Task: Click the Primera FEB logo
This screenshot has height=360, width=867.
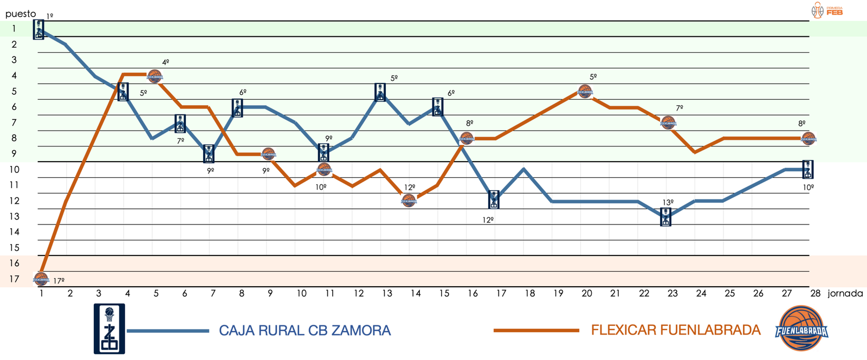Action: click(x=827, y=10)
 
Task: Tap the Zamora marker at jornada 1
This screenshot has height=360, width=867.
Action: click(x=38, y=29)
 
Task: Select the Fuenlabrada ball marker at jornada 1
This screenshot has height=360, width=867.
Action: click(x=41, y=279)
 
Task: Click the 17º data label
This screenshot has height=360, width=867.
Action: click(x=59, y=281)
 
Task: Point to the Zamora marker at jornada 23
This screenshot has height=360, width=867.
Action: click(x=666, y=216)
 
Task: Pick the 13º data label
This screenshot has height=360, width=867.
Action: click(x=668, y=202)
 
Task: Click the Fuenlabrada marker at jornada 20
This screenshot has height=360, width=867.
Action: click(x=585, y=91)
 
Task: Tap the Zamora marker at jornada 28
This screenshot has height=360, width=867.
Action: click(x=807, y=169)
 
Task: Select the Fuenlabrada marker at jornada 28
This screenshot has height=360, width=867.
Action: click(x=808, y=138)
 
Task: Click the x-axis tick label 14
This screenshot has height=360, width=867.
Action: click(x=415, y=293)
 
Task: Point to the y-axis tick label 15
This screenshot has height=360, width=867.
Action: click(x=15, y=248)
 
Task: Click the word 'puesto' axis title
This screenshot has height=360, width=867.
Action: click(x=21, y=14)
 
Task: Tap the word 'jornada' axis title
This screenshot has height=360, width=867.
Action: click(x=845, y=293)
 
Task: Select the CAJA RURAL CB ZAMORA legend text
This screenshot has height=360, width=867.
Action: click(x=305, y=330)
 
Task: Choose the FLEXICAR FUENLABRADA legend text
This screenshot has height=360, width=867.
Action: click(x=675, y=330)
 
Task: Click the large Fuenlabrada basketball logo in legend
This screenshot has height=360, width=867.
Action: click(x=801, y=329)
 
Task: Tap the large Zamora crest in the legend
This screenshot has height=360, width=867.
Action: click(x=109, y=329)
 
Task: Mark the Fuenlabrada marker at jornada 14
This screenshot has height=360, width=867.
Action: click(x=409, y=200)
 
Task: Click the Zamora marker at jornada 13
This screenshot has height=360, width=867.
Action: click(x=380, y=93)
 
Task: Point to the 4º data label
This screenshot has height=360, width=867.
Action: click(x=166, y=62)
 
